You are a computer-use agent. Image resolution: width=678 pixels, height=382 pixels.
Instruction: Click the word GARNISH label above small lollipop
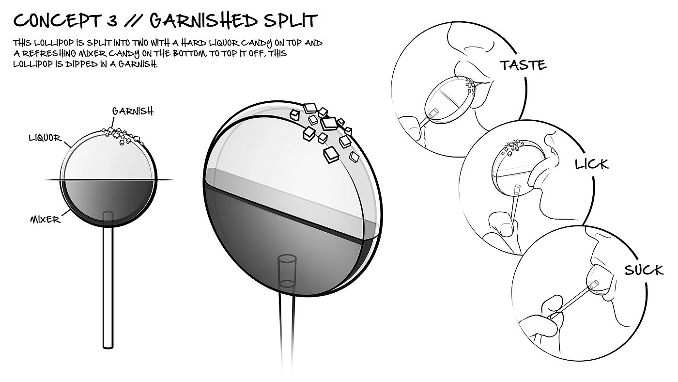(133, 111)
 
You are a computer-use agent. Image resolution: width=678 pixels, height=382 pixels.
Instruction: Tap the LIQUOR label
(45, 138)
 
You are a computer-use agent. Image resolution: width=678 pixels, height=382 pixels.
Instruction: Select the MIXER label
(46, 220)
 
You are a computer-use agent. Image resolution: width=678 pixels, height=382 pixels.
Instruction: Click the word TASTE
(523, 64)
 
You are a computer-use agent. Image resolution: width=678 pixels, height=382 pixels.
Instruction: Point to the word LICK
(591, 164)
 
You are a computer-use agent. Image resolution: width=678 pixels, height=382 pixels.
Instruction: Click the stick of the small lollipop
(108, 291)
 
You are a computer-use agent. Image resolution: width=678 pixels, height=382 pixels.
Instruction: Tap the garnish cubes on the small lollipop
(122, 136)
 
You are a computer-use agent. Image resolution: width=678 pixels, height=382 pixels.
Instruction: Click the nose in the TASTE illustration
(472, 48)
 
